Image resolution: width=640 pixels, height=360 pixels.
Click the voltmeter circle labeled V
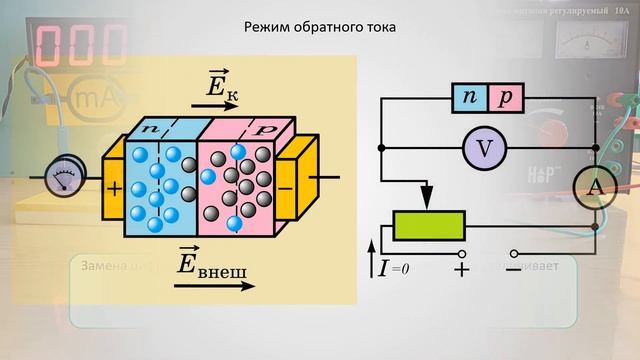tap(485, 149)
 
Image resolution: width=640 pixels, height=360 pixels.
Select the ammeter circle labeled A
tap(594, 186)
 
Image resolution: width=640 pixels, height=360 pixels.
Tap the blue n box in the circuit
tap(470, 98)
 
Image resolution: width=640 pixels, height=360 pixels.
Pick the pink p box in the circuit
tap(506, 98)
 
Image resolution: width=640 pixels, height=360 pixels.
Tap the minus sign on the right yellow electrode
tap(287, 187)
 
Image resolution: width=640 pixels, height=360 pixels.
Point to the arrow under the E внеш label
tap(214, 284)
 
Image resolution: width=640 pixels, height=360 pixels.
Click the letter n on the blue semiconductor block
tap(151, 130)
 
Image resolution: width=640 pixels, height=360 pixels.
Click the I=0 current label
tap(392, 268)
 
